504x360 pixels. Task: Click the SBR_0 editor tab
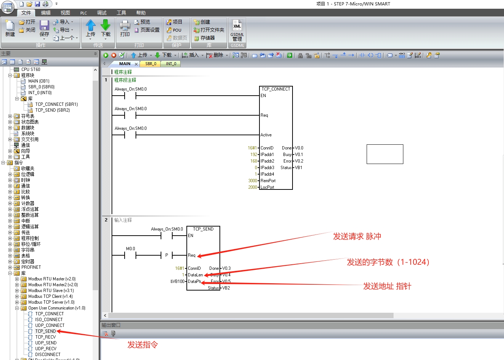[150, 64]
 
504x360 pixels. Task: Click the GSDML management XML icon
[237, 25]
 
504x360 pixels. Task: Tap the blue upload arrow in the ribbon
[91, 25]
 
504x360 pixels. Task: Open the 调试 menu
[102, 13]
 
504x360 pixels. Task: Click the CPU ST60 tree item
[31, 69]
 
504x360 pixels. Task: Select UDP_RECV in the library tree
[46, 348]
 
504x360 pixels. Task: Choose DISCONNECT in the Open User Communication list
[48, 355]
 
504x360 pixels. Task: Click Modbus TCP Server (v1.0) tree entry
[51, 302]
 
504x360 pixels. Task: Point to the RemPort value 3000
[253, 181]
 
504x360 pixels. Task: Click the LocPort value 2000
[253, 187]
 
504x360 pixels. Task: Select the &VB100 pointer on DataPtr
[177, 281]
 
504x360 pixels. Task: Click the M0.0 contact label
[130, 249]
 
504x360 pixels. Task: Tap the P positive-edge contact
[166, 255]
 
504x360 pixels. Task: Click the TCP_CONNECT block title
[276, 89]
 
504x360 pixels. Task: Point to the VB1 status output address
[298, 168]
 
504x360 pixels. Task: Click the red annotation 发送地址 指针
[387, 286]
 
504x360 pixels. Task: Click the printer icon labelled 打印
[125, 25]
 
